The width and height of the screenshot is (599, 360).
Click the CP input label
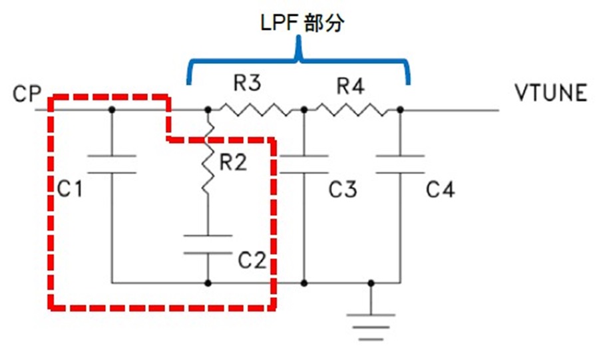tap(27, 94)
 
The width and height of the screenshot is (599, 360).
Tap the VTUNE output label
tap(550, 93)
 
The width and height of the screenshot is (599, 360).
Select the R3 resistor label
tap(247, 83)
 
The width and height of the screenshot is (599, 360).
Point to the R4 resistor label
tap(350, 87)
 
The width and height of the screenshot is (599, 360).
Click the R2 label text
tap(234, 162)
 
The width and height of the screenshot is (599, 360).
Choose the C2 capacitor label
tap(252, 260)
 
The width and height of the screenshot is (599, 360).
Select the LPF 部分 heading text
tap(302, 23)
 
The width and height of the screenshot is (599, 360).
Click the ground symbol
tap(371, 327)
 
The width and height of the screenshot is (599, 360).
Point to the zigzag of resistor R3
tap(256, 110)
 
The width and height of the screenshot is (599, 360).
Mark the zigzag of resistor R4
tap(351, 110)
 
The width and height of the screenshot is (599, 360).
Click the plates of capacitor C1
tap(112, 164)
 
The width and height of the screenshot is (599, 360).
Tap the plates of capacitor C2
tap(208, 244)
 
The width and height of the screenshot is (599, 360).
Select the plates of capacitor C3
tap(304, 164)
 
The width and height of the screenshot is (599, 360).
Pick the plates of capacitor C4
tap(400, 164)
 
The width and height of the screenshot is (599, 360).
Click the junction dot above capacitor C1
tap(112, 110)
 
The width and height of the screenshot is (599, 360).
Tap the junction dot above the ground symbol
tap(371, 283)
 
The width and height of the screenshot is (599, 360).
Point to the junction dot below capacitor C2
tap(208, 283)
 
